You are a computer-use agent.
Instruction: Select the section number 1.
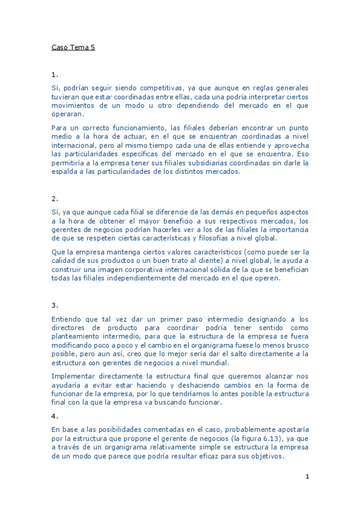55,75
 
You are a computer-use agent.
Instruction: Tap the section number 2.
55,198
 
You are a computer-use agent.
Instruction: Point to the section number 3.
55,305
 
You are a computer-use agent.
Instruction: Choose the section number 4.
55,416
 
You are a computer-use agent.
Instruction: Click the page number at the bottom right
307,477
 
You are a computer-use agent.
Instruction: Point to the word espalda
66,172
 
